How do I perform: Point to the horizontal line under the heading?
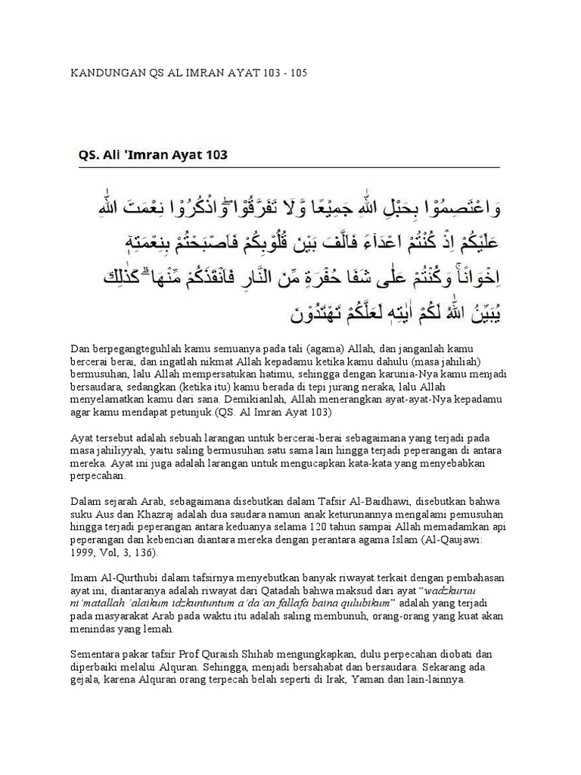point(287,167)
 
